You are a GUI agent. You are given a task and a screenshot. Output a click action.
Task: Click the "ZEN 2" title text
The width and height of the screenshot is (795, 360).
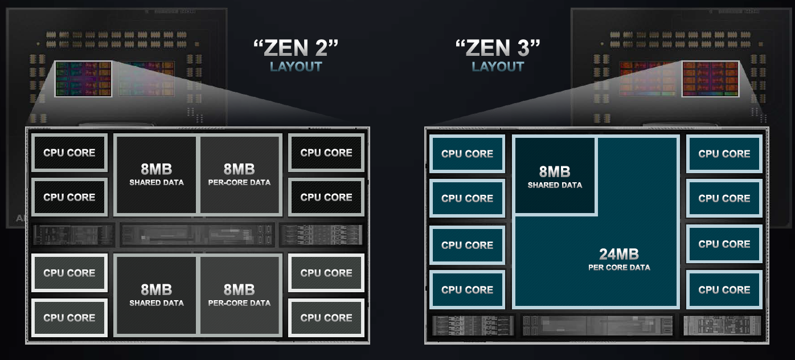296,48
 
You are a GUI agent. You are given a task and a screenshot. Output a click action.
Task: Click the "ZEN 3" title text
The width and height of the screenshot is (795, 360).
498,48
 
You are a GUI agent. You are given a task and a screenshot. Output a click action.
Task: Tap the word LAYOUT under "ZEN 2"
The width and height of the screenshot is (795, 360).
296,67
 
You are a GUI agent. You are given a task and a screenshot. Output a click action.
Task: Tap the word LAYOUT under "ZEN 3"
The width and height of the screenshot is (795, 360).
498,67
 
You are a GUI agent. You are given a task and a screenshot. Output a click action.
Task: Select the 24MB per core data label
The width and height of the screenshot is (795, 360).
619,259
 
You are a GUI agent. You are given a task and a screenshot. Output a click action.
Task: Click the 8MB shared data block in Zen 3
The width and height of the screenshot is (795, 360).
555,177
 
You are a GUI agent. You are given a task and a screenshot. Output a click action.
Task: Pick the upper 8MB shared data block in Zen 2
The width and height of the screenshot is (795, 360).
156,174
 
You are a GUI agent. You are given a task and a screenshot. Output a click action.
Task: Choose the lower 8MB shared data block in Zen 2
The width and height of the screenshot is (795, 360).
156,294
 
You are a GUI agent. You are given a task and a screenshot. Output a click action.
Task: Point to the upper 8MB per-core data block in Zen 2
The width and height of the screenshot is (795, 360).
239,174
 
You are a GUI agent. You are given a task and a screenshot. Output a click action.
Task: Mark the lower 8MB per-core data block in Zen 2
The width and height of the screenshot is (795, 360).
239,294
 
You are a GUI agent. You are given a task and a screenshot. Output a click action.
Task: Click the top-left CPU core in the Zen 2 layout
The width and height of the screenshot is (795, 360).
69,153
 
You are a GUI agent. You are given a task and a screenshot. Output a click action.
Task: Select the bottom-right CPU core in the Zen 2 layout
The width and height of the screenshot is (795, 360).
326,317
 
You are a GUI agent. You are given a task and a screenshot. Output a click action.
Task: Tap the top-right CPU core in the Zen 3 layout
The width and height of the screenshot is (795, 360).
724,154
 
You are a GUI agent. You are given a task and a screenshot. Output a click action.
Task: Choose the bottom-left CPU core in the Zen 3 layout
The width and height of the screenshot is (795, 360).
467,290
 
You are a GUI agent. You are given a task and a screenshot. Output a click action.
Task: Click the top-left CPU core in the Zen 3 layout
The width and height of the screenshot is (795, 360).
467,154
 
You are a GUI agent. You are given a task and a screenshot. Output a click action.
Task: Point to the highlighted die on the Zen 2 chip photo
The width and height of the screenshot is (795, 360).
83,79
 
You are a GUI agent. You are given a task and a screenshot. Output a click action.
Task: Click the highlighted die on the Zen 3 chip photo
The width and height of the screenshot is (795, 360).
710,79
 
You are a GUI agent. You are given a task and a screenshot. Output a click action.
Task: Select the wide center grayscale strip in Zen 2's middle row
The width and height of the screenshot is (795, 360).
197,234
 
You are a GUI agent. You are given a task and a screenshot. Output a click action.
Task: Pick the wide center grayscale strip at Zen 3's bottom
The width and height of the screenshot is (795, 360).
597,325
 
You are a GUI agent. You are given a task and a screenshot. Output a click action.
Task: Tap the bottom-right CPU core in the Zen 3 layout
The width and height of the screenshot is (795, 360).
724,290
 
